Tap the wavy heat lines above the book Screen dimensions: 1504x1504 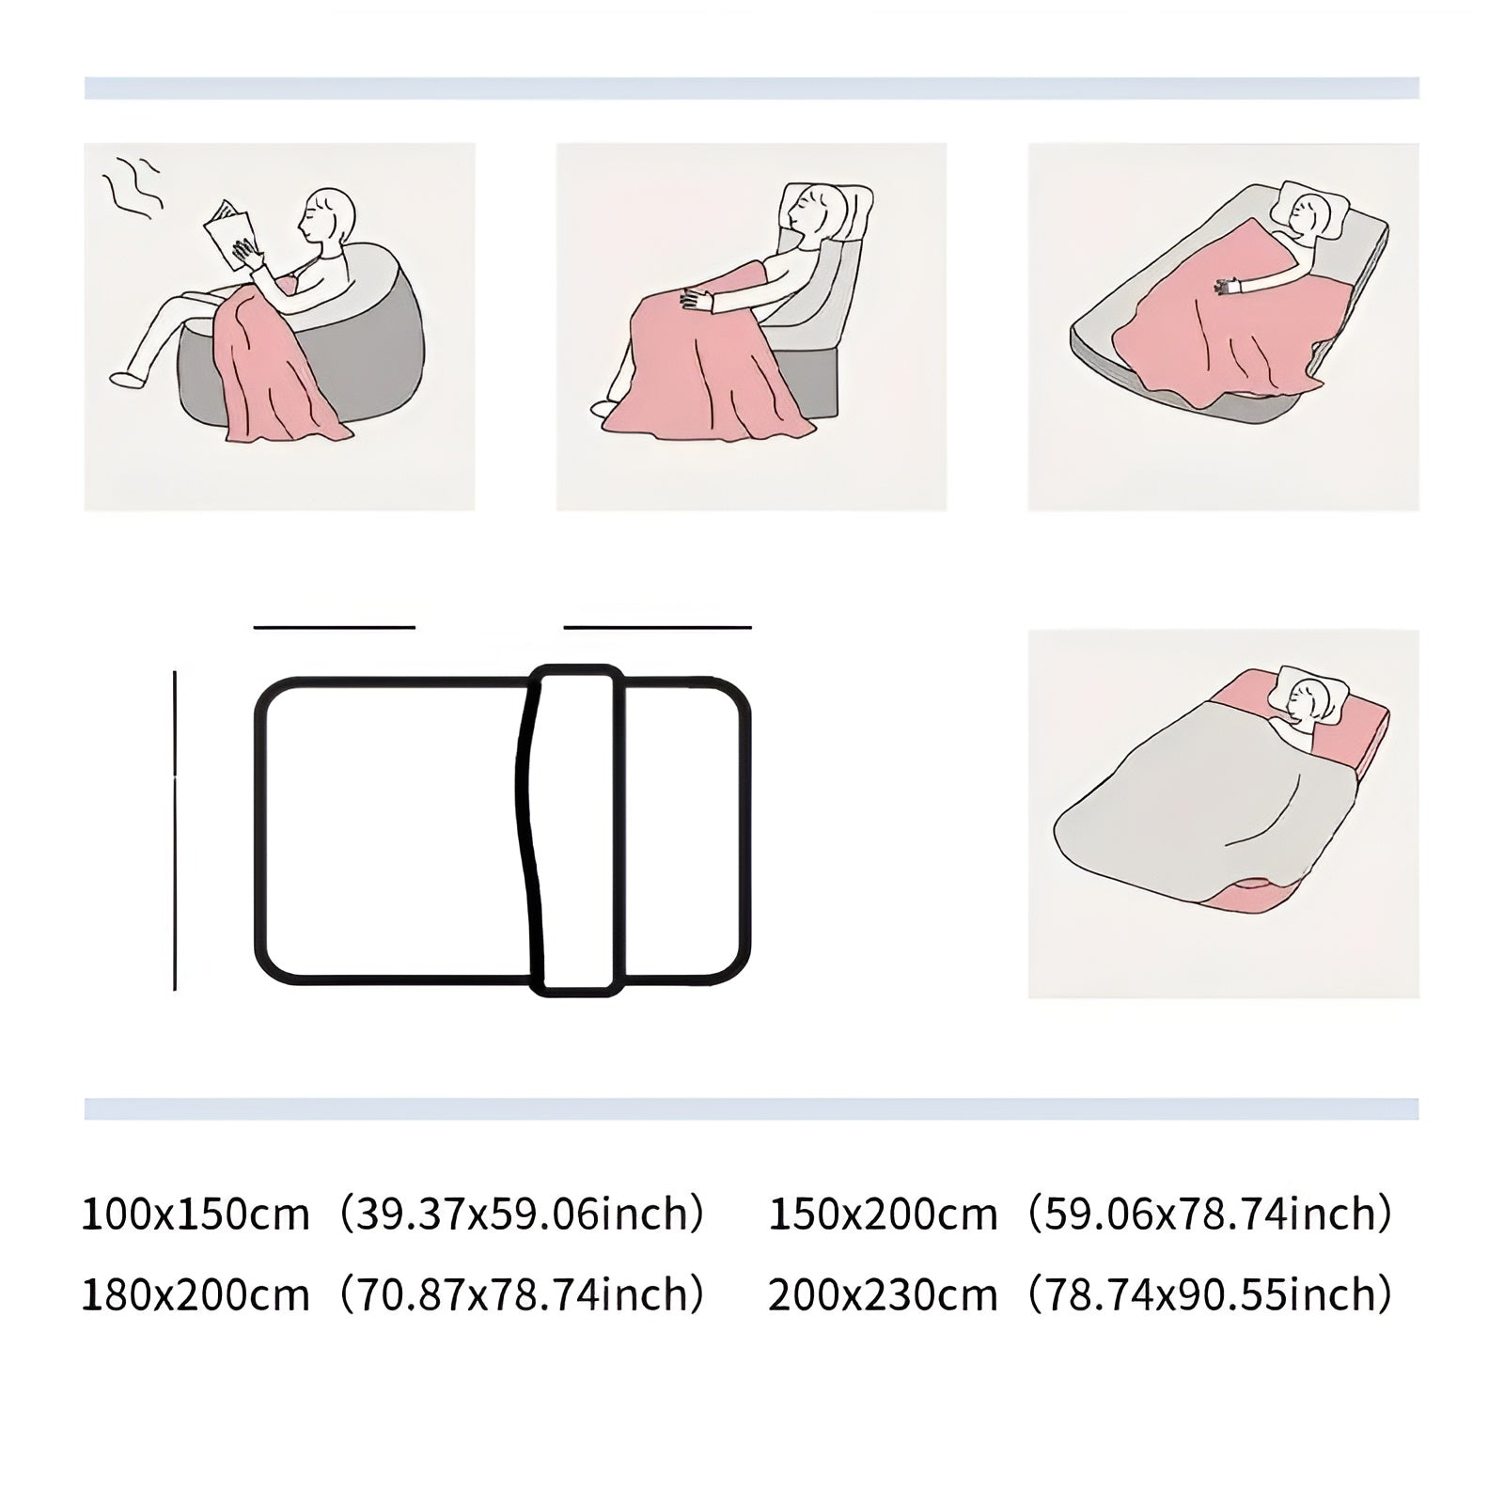pyautogui.click(x=132, y=186)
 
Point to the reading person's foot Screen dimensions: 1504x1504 pyautogui.click(x=128, y=379)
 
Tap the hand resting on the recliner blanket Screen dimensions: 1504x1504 pyautogui.click(x=698, y=300)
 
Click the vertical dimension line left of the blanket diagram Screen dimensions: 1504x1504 pyautogui.click(x=175, y=830)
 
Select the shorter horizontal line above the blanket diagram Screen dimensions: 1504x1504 pyautogui.click(x=335, y=626)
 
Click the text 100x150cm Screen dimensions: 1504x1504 pyautogui.click(x=196, y=1214)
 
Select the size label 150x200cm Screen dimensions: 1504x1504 pyautogui.click(x=883, y=1214)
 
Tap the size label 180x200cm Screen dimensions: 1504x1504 pyautogui.click(x=196, y=1295)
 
